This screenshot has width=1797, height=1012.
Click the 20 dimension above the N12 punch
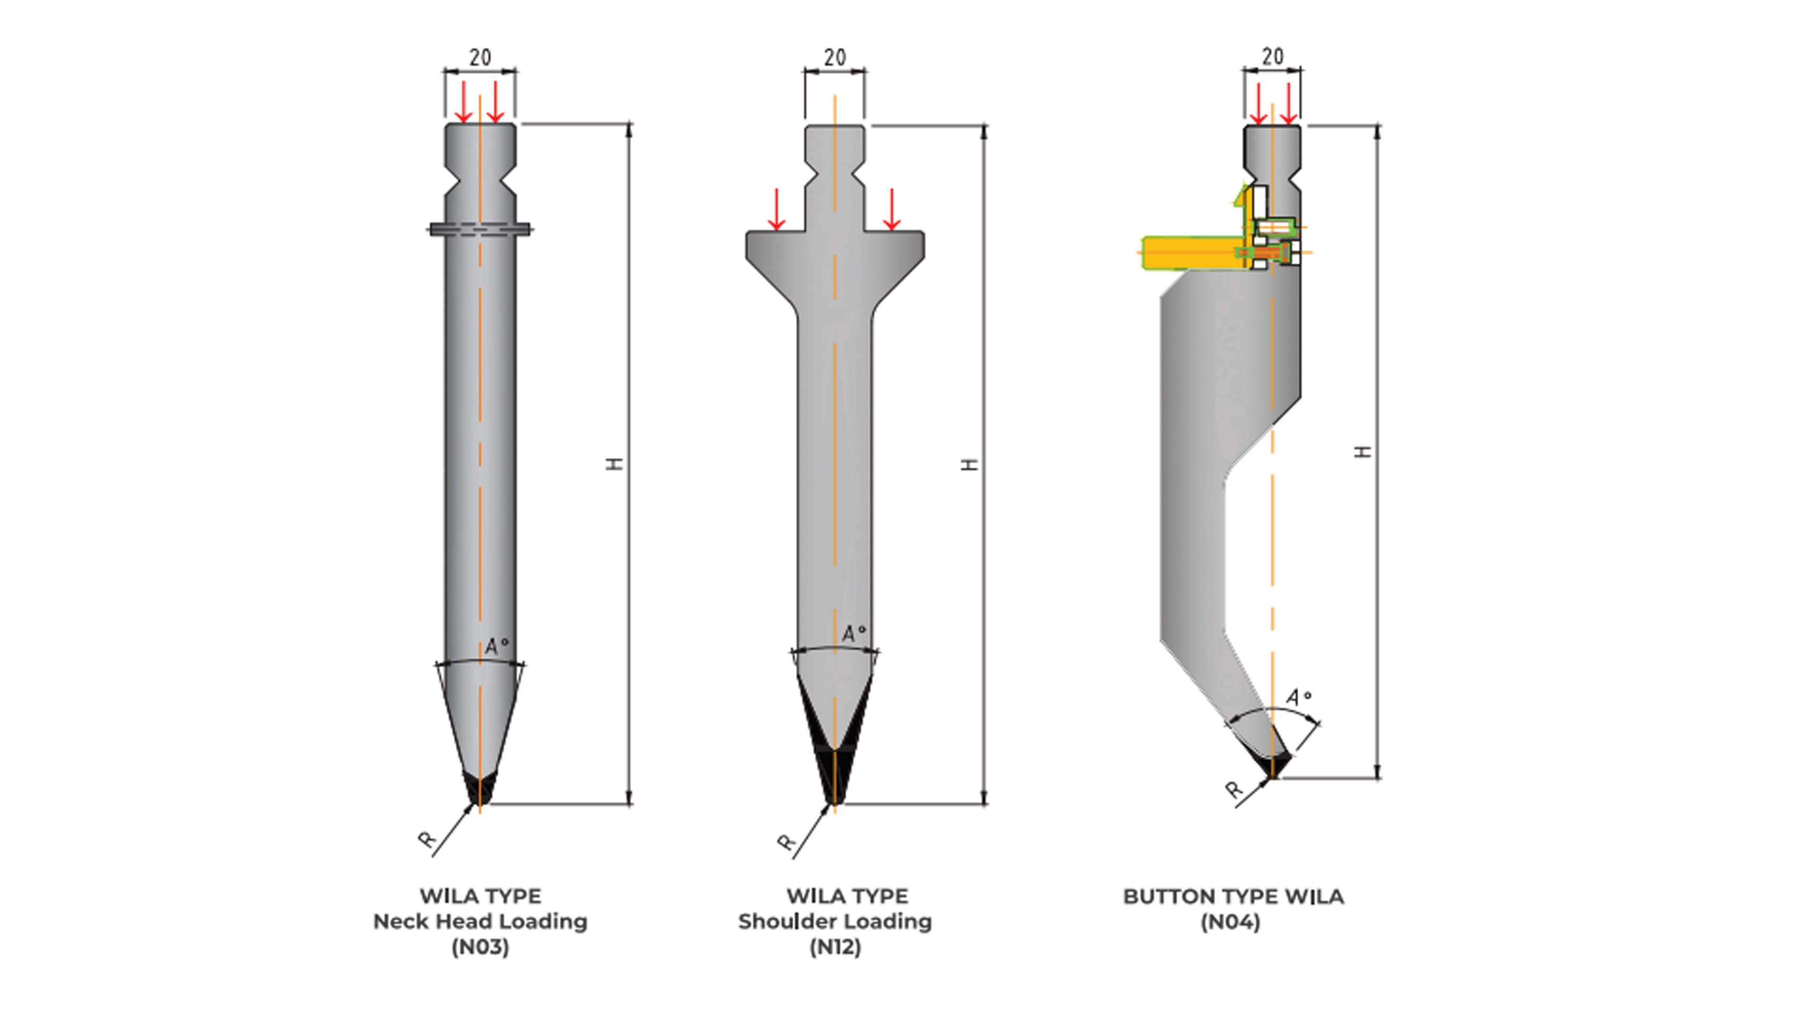click(x=834, y=57)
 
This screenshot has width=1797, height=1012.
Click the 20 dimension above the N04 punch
click(x=1273, y=56)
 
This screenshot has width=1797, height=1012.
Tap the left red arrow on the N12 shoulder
click(x=776, y=209)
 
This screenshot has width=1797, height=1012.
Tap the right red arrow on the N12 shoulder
click(x=891, y=209)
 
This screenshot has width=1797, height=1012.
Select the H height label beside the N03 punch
click(x=615, y=464)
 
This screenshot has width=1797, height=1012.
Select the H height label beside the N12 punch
click(x=969, y=464)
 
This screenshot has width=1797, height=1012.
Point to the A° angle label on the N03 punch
click(x=497, y=646)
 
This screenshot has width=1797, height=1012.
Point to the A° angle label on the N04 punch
click(x=1298, y=697)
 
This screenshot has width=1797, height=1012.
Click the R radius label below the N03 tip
click(x=427, y=839)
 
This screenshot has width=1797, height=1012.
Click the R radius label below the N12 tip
click(x=786, y=842)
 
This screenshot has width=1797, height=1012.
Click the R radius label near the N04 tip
click(x=1234, y=790)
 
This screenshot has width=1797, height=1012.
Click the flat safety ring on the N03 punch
click(x=480, y=229)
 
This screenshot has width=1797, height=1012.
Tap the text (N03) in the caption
click(x=480, y=947)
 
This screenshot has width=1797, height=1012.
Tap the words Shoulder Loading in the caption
click(x=834, y=921)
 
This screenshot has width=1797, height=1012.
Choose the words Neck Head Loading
click(x=480, y=921)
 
